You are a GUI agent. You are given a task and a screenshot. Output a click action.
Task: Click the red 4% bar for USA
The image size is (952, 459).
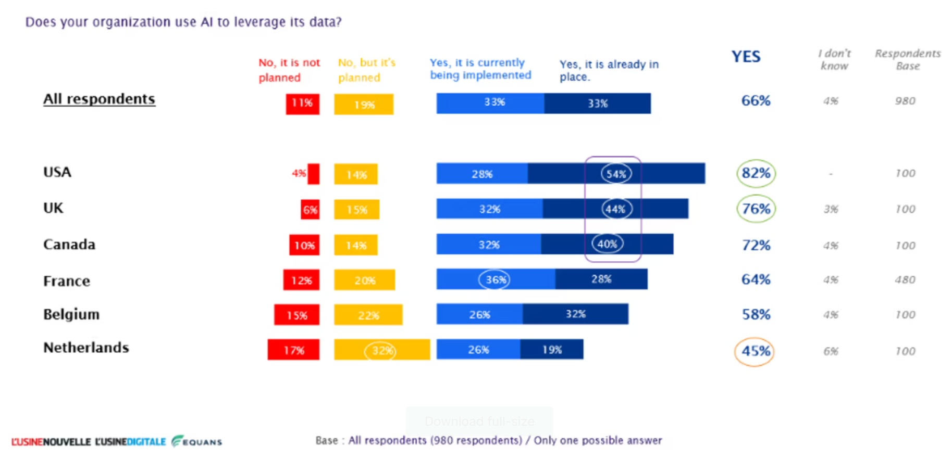[x=313, y=174]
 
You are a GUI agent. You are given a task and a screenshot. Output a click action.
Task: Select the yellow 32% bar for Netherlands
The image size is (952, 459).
[x=382, y=350]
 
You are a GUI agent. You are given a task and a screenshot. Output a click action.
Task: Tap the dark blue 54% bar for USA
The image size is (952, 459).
[x=616, y=173]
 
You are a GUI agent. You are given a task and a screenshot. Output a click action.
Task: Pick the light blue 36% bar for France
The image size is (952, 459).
[x=496, y=279]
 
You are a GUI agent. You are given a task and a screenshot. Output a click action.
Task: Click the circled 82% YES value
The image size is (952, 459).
[x=756, y=173]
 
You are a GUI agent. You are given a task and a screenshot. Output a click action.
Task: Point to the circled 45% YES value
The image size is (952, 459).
[x=754, y=351]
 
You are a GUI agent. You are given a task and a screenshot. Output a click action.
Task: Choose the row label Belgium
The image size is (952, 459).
[x=71, y=314]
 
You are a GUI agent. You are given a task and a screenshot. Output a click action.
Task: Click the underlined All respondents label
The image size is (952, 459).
[x=99, y=99]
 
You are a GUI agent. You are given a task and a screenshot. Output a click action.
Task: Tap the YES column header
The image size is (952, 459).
[x=746, y=57]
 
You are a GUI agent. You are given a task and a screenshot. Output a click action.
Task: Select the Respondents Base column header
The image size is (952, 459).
[x=907, y=59]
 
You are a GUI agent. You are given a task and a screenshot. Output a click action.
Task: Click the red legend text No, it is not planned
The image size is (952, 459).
[x=289, y=70]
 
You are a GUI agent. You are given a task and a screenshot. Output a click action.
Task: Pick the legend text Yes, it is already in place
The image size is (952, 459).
[x=609, y=70]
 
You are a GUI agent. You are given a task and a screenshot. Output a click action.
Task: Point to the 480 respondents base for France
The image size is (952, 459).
[x=905, y=280]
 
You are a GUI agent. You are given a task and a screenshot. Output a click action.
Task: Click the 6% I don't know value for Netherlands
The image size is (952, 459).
[x=831, y=351]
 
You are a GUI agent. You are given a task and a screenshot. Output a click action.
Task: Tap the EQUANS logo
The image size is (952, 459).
[x=196, y=441]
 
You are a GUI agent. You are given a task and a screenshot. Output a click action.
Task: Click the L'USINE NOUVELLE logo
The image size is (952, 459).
[x=51, y=442]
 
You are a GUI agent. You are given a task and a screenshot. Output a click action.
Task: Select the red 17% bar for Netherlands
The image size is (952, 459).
[x=293, y=350]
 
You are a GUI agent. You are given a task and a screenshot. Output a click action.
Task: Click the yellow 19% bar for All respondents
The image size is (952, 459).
[x=364, y=104]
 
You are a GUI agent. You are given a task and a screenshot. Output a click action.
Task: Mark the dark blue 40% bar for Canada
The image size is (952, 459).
[x=607, y=244]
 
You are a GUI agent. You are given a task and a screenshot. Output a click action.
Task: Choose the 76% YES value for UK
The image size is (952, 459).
[x=756, y=209]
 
